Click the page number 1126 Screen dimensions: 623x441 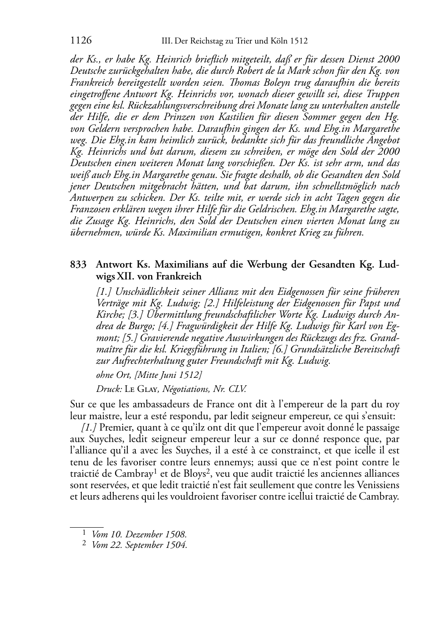click(81, 41)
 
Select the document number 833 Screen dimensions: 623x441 click(77, 265)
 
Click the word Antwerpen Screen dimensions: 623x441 click(90, 198)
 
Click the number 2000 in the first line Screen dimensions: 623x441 click(388, 59)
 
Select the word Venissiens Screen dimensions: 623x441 click(377, 486)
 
